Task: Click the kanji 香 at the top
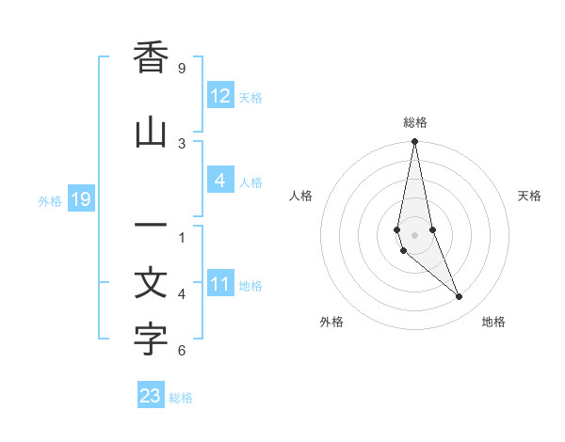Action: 151,58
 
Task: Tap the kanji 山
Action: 151,133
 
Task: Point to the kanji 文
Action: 151,284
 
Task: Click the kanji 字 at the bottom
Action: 151,340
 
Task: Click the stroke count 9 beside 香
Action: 182,69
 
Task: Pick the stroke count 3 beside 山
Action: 182,143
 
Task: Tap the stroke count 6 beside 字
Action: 182,351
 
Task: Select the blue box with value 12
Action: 219,96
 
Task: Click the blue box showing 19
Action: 80,199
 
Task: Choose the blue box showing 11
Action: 219,284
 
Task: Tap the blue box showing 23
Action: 150,396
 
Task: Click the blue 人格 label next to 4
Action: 250,182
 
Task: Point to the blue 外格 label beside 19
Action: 50,200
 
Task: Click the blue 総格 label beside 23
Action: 181,398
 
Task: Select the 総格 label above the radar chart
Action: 414,122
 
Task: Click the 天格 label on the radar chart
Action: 529,196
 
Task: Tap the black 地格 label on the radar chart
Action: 493,322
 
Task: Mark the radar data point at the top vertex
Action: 414,142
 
